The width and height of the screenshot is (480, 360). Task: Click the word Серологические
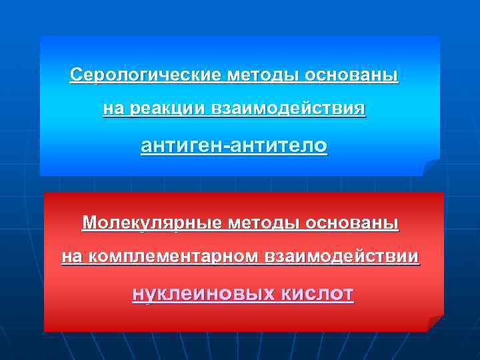coord(145,74)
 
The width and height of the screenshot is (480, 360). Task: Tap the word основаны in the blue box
coord(353,74)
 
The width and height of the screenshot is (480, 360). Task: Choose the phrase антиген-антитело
coord(234,145)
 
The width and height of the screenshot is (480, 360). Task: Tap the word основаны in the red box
coord(353,222)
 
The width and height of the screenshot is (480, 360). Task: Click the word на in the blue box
coord(111,108)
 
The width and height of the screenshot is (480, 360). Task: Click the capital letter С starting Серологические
coord(76,74)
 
